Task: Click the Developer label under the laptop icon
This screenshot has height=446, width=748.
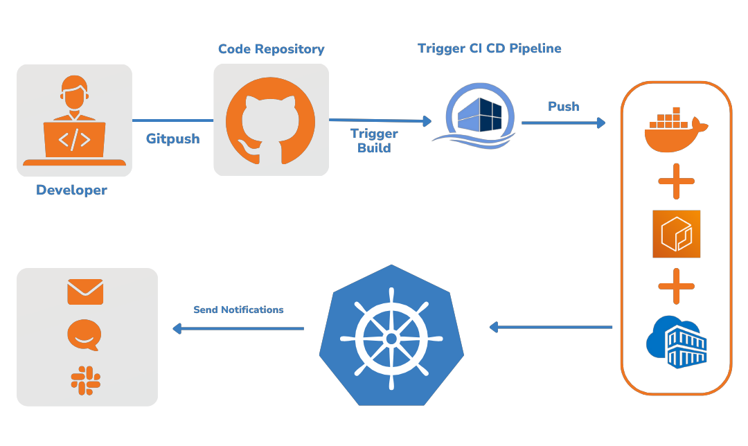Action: [x=71, y=190]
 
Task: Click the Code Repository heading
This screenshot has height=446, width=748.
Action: [x=271, y=49]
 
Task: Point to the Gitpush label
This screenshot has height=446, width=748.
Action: [x=172, y=139]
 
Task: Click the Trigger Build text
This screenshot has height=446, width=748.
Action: [x=374, y=141]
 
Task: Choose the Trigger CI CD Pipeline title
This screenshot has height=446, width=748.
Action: [x=489, y=48]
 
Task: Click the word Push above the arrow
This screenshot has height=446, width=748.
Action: [x=564, y=107]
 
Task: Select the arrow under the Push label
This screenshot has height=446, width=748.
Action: [x=563, y=123]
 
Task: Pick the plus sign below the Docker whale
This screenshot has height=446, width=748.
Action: [x=676, y=182]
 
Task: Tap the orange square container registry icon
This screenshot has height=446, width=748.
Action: [x=676, y=234]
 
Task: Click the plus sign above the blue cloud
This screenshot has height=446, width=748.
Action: [x=676, y=286]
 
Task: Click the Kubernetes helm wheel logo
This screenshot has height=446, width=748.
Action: [x=391, y=337]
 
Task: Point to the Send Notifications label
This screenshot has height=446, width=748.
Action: [x=238, y=310]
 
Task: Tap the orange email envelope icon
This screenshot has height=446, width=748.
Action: [x=85, y=292]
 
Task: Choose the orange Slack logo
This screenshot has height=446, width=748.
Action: [x=85, y=380]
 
